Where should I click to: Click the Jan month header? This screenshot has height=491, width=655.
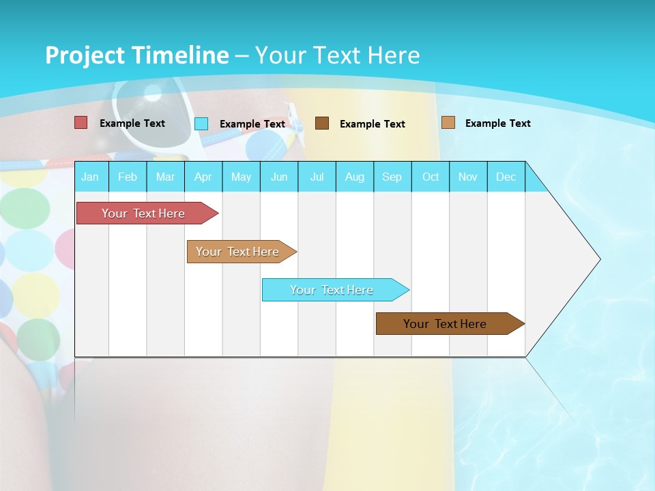90,177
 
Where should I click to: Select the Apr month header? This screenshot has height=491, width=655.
203,177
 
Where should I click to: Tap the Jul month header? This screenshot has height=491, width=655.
317,177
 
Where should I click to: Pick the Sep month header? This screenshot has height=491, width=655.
392,177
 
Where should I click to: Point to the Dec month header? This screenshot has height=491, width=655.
506,177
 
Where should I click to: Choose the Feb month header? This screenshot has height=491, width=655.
128,177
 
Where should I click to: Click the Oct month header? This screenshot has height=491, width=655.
431,177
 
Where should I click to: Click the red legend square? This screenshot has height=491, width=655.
81,123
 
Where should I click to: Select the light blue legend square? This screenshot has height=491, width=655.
201,123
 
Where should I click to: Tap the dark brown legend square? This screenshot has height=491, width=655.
322,123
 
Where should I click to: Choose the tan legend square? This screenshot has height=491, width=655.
448,123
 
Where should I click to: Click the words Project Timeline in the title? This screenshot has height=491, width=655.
136,55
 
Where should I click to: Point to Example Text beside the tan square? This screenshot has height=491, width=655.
497,123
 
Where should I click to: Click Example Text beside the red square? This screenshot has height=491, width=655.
132,123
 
